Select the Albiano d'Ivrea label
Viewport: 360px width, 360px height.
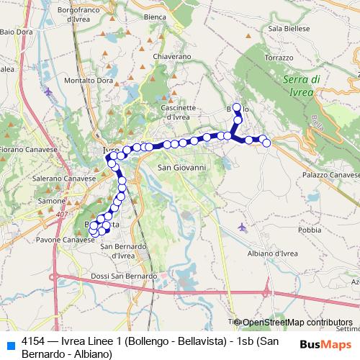(x=271, y=253)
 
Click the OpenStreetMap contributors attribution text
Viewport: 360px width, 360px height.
(x=297, y=323)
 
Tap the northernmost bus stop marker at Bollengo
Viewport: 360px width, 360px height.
(x=236, y=107)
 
